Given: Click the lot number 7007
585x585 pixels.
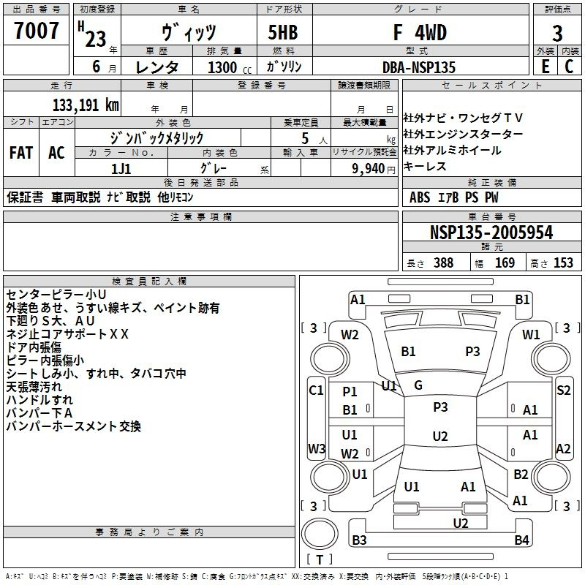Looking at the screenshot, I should [37, 32].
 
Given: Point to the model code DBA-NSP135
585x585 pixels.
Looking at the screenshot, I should [419, 67].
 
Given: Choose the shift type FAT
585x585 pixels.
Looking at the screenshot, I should [20, 153].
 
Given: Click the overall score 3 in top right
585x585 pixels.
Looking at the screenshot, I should [557, 34].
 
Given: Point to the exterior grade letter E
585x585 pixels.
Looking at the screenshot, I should [545, 67].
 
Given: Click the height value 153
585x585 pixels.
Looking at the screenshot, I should [563, 263].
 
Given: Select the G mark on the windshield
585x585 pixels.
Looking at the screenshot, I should [418, 385].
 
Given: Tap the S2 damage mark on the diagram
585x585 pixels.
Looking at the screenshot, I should [563, 390].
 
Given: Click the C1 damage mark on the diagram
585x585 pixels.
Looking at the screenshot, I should [316, 390].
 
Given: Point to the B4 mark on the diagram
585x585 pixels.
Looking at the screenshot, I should [521, 540].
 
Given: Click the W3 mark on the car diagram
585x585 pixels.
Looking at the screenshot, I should [317, 449].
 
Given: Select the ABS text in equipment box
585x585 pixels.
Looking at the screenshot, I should [420, 197].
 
